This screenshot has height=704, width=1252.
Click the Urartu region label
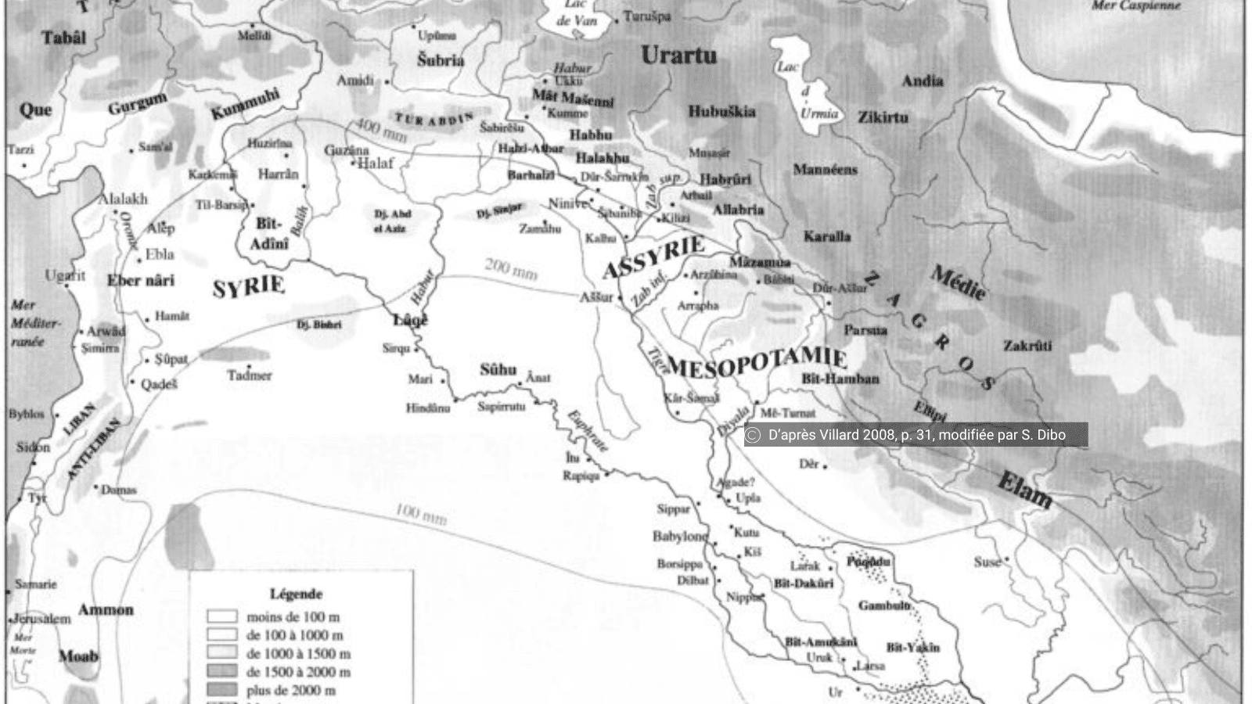point(678,56)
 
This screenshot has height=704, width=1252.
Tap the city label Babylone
point(679,537)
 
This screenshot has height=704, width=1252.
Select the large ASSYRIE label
point(654,257)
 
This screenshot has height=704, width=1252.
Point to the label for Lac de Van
point(576,13)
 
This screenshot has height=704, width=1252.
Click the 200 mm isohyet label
point(510,269)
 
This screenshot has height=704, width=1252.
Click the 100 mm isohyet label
point(421,514)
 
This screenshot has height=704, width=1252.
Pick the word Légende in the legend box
point(296,594)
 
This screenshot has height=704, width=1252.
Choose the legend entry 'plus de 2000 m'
point(291,691)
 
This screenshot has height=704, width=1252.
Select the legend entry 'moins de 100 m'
point(293,617)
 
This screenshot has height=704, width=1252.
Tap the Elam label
point(1024,490)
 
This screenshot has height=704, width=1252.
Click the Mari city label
point(420,379)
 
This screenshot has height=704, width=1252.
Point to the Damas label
point(119,490)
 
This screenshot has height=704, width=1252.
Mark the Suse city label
point(987,562)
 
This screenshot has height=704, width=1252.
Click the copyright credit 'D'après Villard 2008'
point(916,436)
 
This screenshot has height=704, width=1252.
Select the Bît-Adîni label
point(270,234)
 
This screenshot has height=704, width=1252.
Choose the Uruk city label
point(819,658)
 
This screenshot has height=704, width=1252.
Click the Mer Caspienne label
point(1135,6)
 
